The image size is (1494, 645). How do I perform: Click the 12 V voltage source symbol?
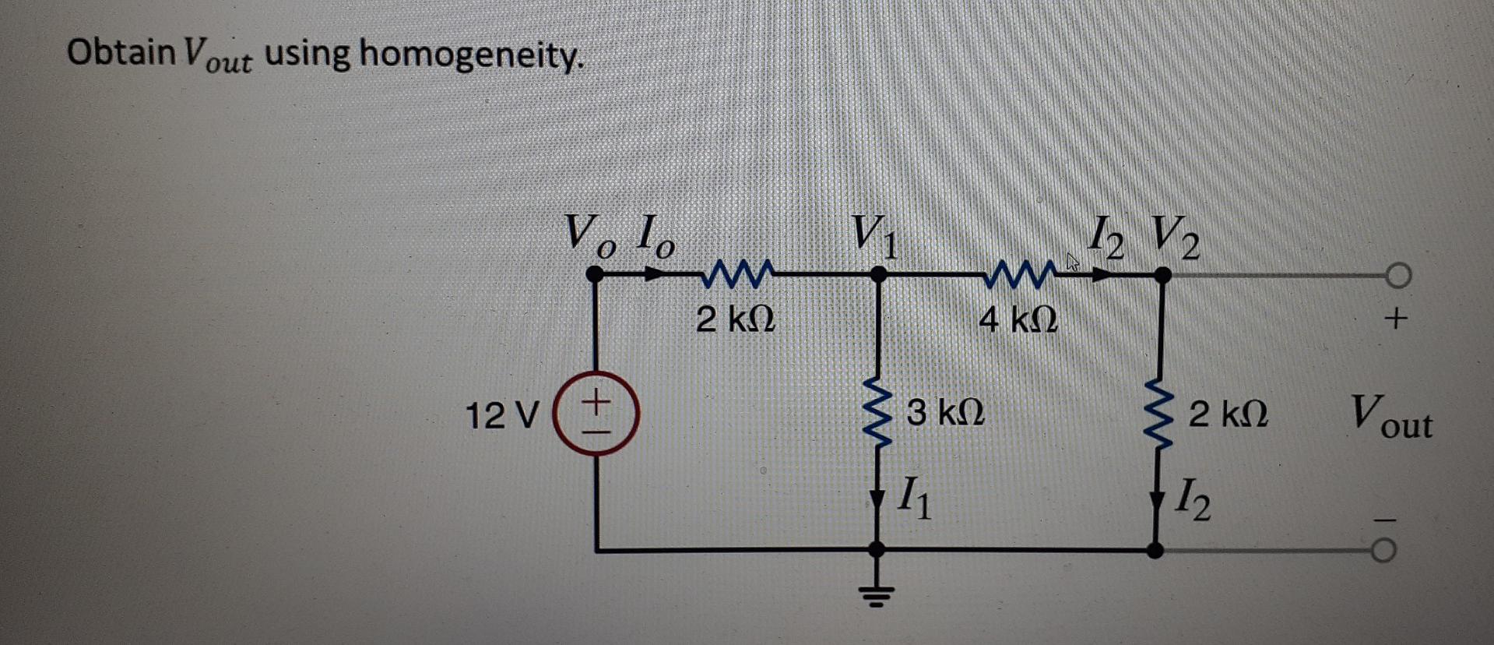coord(596,413)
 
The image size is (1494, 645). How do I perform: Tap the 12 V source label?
coord(501,415)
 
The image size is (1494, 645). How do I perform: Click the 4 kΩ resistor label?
coord(1018,319)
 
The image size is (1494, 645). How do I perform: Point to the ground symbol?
coord(877,596)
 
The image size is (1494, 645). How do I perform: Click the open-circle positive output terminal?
coord(1398,275)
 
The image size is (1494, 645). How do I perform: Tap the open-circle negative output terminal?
coord(1383,551)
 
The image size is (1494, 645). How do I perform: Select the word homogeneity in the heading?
coord(471,55)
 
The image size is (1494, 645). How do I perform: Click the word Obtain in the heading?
coord(121,52)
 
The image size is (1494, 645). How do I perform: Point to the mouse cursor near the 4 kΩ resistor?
coord(1073,262)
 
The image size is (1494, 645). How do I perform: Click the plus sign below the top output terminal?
coord(1396,318)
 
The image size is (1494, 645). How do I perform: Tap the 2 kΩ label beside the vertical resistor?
coord(1228,414)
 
